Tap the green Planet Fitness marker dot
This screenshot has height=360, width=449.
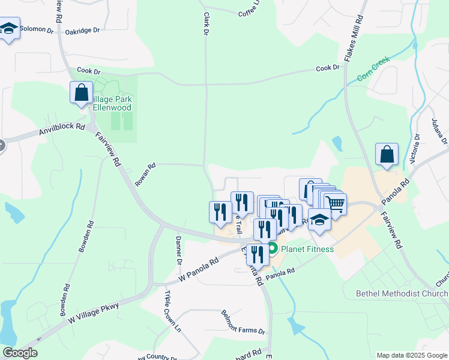(272, 248)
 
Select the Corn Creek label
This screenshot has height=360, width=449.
(373, 69)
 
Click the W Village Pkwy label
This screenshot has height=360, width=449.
(94, 314)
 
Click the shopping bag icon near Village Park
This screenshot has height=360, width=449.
(82, 93)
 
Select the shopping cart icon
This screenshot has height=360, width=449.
(335, 203)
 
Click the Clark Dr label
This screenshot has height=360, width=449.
(205, 24)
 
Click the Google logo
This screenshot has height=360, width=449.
(20, 353)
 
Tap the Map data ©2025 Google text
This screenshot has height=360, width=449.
(411, 355)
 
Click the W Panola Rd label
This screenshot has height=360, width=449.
(199, 271)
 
